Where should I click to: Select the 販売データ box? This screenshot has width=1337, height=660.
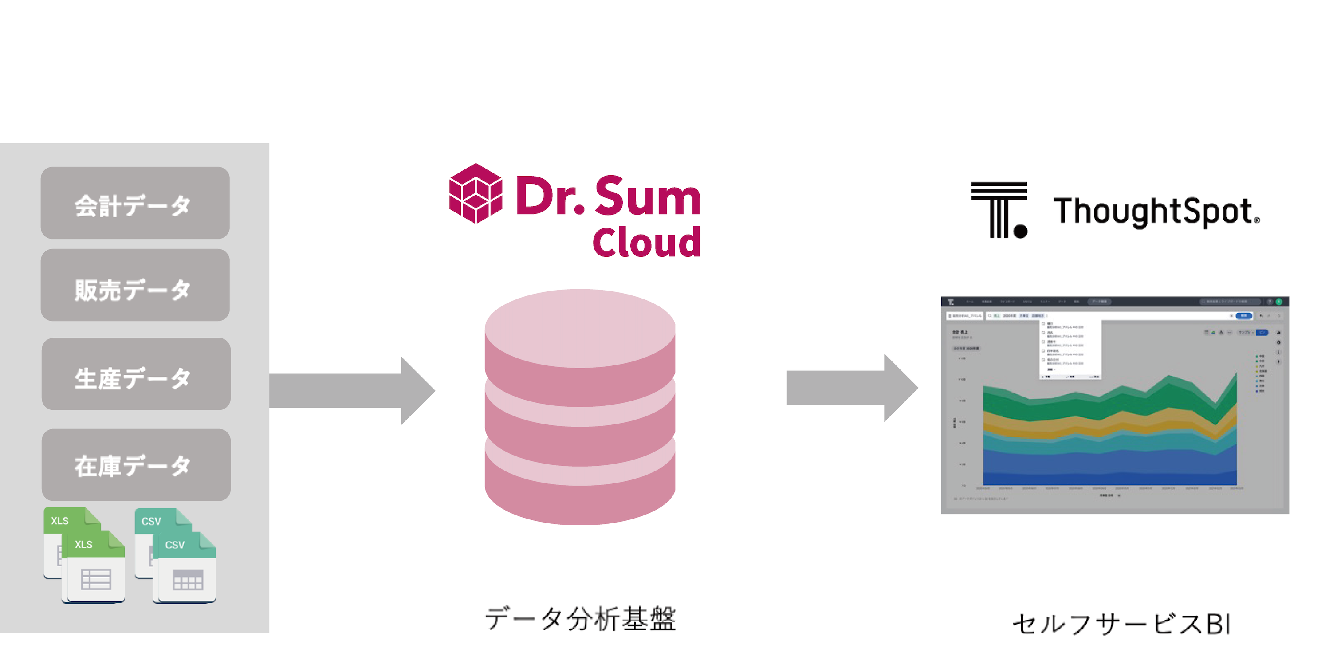click(x=135, y=285)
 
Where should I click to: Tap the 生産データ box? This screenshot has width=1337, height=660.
click(x=136, y=374)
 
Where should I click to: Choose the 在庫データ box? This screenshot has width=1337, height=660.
click(x=136, y=465)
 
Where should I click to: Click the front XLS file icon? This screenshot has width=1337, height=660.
click(x=94, y=568)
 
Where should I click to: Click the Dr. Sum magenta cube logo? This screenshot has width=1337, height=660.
click(x=476, y=193)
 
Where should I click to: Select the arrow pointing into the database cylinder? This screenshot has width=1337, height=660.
click(x=353, y=390)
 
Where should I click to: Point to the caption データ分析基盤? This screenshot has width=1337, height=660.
click(x=580, y=618)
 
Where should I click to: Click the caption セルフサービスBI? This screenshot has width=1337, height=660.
click(x=1121, y=624)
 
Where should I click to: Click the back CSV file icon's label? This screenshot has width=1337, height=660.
click(x=151, y=521)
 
